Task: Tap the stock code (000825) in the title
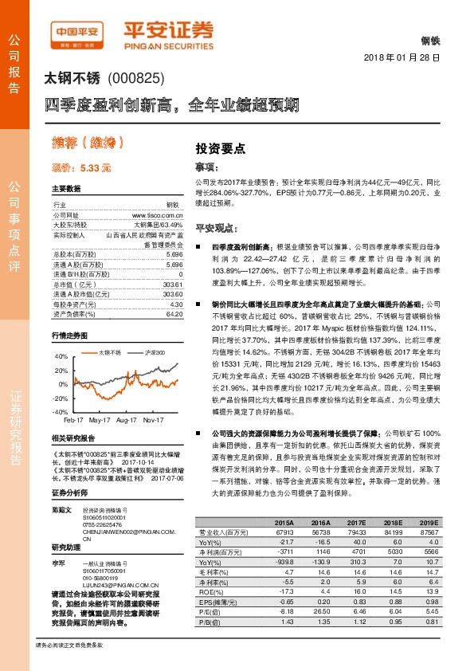click(x=135, y=79)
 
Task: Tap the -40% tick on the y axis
click(x=60, y=412)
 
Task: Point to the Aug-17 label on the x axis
click(x=126, y=419)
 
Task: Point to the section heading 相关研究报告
click(x=73, y=439)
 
